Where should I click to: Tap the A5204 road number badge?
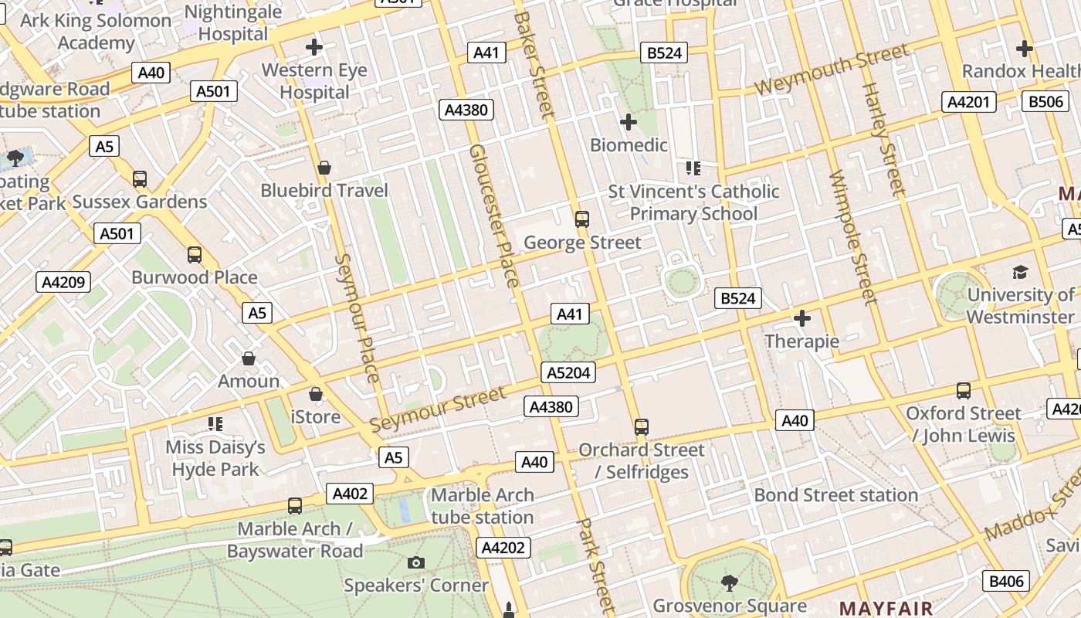(568, 372)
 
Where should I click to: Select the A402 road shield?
(350, 494)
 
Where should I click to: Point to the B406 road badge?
(1006, 581)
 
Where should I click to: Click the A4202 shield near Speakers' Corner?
(503, 548)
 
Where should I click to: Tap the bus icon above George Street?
(582, 219)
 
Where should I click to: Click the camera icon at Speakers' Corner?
(416, 562)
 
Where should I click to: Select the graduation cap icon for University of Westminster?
(1020, 272)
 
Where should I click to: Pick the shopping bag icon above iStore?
(316, 395)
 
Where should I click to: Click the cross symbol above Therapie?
(802, 318)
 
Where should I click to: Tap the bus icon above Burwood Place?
(195, 255)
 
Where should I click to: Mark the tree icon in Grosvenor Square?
(728, 582)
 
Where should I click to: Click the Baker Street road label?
(534, 66)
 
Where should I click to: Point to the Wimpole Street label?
(853, 237)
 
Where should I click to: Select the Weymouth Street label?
(832, 70)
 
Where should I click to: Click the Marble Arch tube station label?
(483, 506)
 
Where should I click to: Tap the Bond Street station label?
(836, 494)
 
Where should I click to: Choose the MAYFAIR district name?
(886, 608)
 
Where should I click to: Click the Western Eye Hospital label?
(314, 81)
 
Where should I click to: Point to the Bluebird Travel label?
(324, 190)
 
